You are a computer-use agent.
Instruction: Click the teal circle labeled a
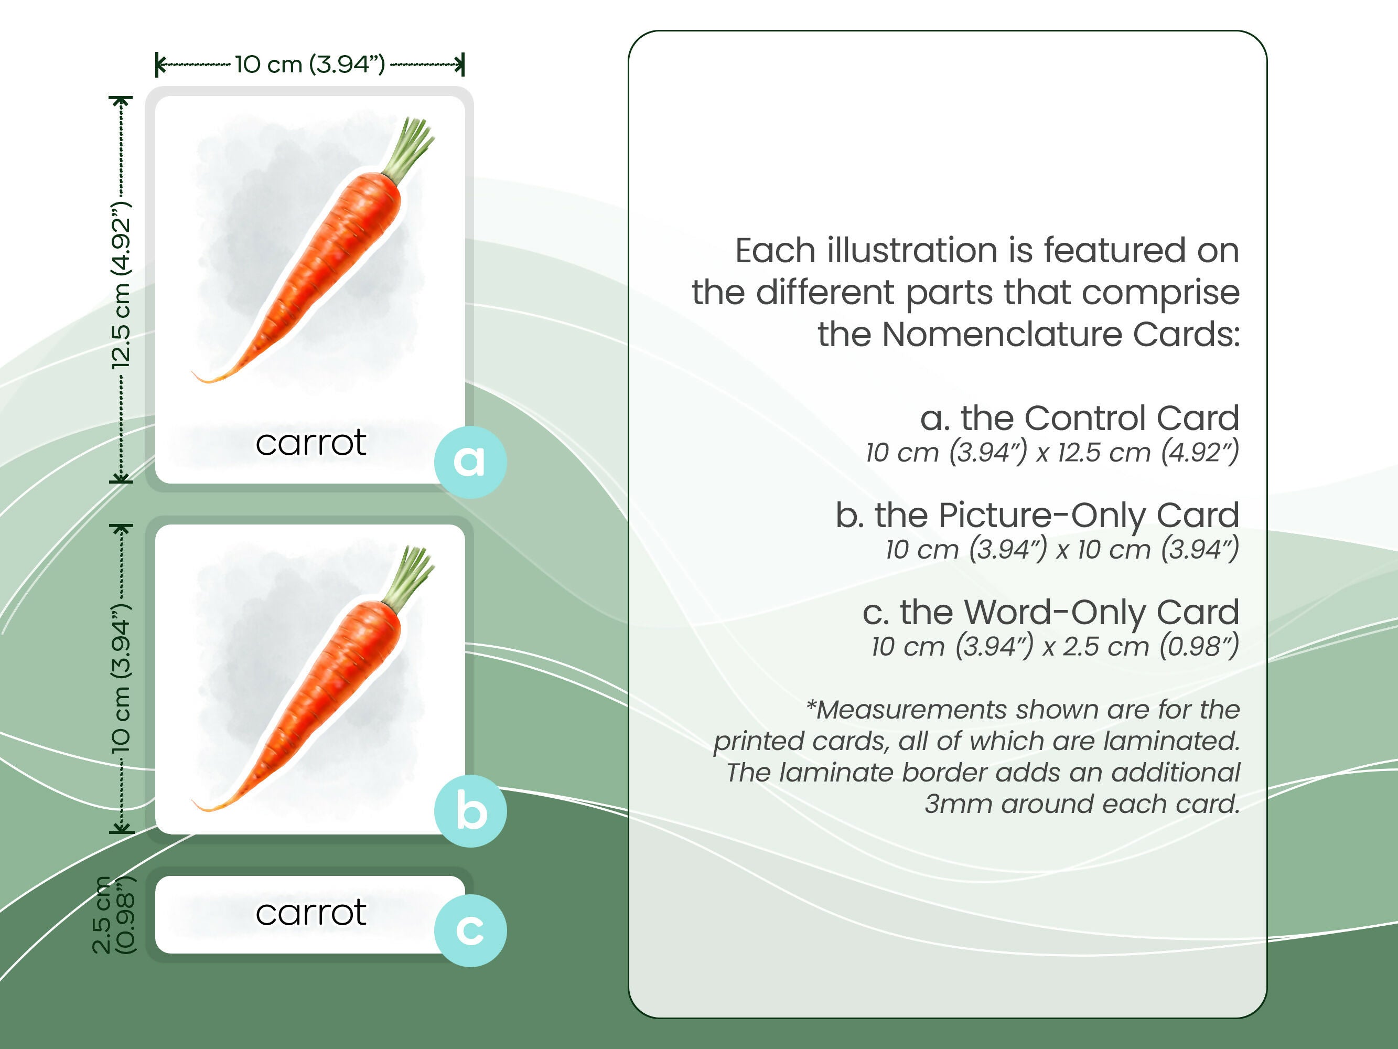point(469,462)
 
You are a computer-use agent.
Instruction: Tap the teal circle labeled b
point(469,811)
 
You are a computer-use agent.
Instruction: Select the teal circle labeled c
point(469,930)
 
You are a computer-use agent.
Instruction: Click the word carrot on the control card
point(311,443)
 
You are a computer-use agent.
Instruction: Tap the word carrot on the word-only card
point(311,913)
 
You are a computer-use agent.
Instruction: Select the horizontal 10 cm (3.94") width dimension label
point(310,65)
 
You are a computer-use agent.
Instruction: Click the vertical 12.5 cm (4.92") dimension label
point(121,286)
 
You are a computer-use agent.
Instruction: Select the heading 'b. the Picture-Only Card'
point(1037,516)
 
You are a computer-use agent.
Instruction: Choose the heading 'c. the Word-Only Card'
point(1050,612)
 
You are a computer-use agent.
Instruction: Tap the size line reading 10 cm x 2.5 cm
point(1054,646)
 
